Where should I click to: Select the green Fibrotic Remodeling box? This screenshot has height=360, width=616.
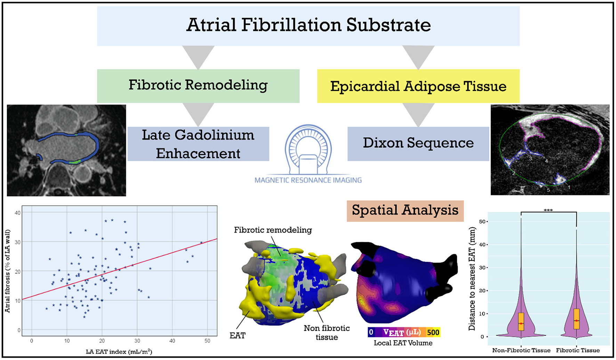pos(198,86)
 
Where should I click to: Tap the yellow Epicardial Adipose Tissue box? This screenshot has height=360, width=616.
pos(418,86)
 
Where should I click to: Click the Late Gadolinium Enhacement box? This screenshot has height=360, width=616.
pos(198,144)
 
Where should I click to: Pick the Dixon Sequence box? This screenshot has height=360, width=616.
pos(418,143)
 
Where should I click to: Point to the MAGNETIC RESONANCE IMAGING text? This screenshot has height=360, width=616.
pos(308,180)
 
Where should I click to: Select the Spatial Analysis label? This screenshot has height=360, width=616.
pos(405,210)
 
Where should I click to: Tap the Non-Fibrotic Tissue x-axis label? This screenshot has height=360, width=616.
pos(521,350)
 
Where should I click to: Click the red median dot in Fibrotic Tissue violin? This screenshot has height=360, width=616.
pos(576,321)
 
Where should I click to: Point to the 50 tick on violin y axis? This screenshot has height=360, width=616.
pos(482,222)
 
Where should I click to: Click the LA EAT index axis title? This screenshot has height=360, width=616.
pos(119,352)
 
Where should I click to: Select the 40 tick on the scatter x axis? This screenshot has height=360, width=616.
pos(172,341)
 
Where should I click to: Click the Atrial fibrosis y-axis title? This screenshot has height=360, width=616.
pos(8,271)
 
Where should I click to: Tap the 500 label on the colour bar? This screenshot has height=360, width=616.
pos(433,332)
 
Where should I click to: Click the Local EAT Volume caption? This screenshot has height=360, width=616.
pos(403,343)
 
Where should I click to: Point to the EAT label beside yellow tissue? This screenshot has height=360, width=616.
pos(237,336)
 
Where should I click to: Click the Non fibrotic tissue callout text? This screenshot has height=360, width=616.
pos(326,333)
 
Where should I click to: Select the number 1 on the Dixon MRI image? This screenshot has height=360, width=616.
pos(569,187)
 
